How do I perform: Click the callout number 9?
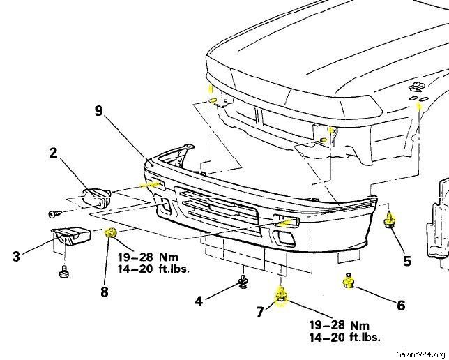click(98, 110)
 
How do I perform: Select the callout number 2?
click(53, 153)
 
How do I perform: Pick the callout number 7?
click(259, 312)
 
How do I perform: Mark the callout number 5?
click(406, 261)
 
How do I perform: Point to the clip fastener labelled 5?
click(390, 219)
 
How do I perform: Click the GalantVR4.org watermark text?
click(418, 353)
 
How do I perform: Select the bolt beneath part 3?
click(64, 269)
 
